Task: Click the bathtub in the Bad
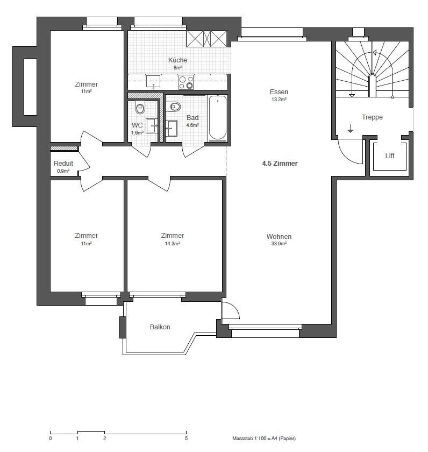click(217, 118)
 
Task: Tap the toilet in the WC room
click(140, 108)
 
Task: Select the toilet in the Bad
click(173, 107)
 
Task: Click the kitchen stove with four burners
click(186, 82)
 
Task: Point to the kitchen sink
click(153, 82)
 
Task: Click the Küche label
click(178, 60)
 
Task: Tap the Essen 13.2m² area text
click(279, 100)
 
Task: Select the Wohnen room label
click(279, 236)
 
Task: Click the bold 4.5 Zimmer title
click(280, 163)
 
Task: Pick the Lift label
click(390, 156)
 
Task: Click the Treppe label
click(372, 117)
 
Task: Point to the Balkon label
click(160, 327)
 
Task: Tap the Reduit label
click(63, 163)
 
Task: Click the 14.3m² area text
click(172, 244)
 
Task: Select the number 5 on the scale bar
click(186, 439)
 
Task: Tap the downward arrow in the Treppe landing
click(350, 129)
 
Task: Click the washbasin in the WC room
click(152, 126)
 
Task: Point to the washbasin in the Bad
click(172, 128)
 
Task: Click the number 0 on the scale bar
click(51, 439)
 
